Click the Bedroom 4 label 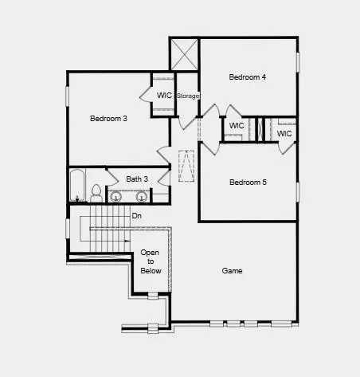[x=247, y=77]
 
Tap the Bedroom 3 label [x=108, y=119]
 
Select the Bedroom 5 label [x=248, y=183]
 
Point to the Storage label [x=188, y=96]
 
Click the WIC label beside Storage [x=164, y=96]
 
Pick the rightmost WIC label [x=284, y=134]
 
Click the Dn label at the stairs [x=136, y=215]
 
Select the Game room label [x=233, y=271]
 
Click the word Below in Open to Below [x=151, y=271]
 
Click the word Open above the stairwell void [x=151, y=253]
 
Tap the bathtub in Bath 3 [x=77, y=186]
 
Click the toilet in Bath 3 [x=96, y=193]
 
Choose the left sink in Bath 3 [x=116, y=197]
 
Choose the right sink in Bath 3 [x=142, y=197]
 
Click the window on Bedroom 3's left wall [x=67, y=96]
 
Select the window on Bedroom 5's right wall [x=298, y=192]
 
